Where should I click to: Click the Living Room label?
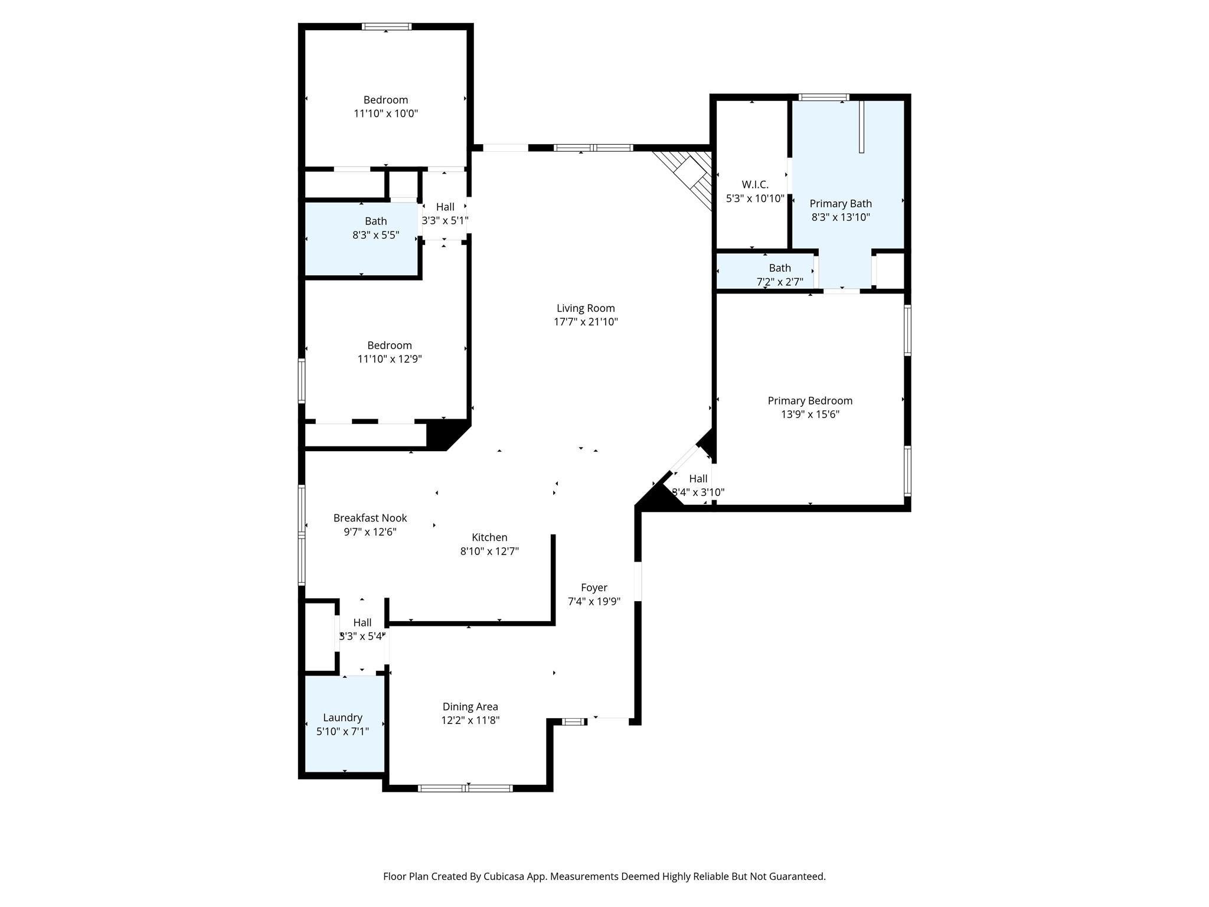[586, 308]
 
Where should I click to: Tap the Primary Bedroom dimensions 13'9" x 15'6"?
[810, 415]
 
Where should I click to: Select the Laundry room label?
[342, 718]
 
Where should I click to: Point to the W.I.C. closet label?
[755, 185]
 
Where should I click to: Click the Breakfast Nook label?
[370, 518]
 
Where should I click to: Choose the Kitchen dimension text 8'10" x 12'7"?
[489, 552]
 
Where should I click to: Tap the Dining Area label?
[470, 707]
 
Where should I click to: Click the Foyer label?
[594, 588]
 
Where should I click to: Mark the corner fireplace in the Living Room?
[688, 177]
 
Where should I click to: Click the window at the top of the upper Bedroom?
[387, 27]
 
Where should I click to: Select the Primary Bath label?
[841, 204]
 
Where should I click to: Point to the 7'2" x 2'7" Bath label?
[780, 275]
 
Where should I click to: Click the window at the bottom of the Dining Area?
[465, 788]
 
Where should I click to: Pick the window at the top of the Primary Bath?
[824, 97]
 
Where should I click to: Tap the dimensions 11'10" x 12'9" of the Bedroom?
[390, 359]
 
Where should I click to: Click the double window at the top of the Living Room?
[593, 148]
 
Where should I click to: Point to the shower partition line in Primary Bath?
[862, 127]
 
